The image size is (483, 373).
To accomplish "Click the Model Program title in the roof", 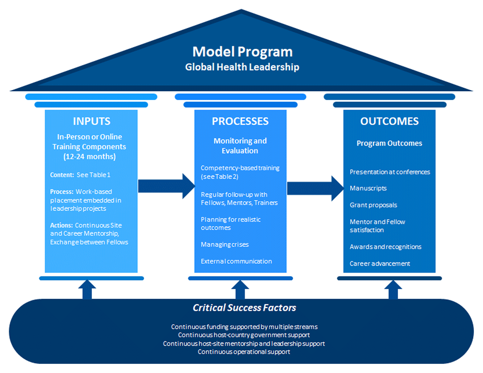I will [242, 52].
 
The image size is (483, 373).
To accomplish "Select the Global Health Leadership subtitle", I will [242, 67].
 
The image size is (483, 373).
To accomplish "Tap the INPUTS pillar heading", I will [91, 121].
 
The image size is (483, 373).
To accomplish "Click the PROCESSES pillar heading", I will [240, 121].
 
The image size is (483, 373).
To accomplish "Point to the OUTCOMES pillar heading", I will [389, 121].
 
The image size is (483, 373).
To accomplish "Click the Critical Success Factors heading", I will [244, 308].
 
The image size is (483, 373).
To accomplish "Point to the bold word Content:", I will [61, 175].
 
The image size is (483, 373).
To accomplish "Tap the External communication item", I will [236, 261].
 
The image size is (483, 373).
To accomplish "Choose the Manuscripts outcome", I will [368, 188].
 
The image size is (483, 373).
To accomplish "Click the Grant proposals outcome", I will [373, 205].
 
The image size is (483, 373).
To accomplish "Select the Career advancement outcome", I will [380, 263].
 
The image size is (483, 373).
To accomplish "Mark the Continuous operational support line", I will [244, 352].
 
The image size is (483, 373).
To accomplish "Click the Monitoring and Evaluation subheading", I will [240, 145].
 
